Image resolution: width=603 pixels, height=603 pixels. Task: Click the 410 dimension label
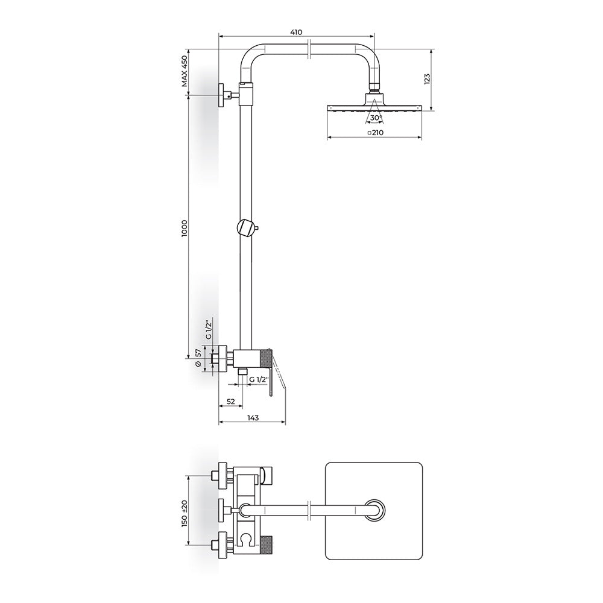[x=295, y=33]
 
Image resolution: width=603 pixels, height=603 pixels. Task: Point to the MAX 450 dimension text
[x=185, y=71]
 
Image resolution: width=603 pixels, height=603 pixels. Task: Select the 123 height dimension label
[x=427, y=79]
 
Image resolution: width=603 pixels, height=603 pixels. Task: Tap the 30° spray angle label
[x=376, y=118]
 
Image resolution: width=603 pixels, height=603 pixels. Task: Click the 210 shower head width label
[x=375, y=133]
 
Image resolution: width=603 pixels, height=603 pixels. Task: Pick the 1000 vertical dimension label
[x=185, y=228]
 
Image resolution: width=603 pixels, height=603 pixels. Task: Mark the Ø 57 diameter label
[x=198, y=358]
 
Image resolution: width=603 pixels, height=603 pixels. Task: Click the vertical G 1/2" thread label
[x=209, y=330]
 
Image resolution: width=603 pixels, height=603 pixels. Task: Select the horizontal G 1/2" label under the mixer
[x=258, y=379]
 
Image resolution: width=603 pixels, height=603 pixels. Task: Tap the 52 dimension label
[x=231, y=402]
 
